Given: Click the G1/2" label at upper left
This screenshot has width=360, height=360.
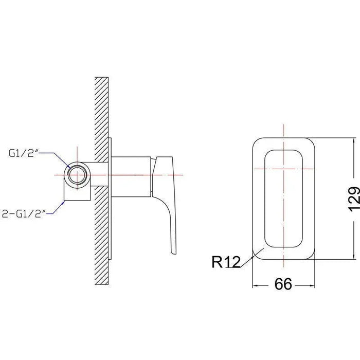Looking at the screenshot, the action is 23,153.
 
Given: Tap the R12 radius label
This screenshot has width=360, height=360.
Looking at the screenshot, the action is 226,262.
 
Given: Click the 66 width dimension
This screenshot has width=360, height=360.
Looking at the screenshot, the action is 283,284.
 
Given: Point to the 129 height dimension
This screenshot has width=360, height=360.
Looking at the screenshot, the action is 354,199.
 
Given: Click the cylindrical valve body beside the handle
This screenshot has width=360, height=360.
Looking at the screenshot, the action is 131,177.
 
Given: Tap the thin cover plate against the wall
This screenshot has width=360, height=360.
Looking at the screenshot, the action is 110,199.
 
